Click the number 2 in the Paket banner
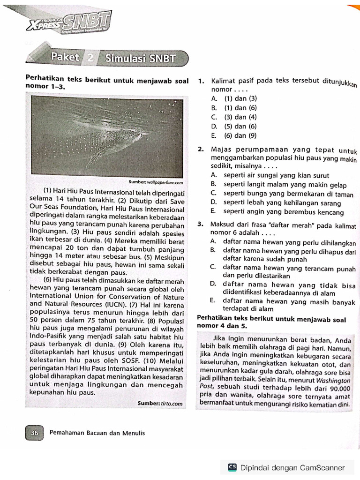tap(90, 59)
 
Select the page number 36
tap(34, 433)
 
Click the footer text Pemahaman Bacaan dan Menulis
tap(97, 433)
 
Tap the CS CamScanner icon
tap(232, 467)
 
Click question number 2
tap(200, 150)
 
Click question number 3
tap(200, 224)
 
